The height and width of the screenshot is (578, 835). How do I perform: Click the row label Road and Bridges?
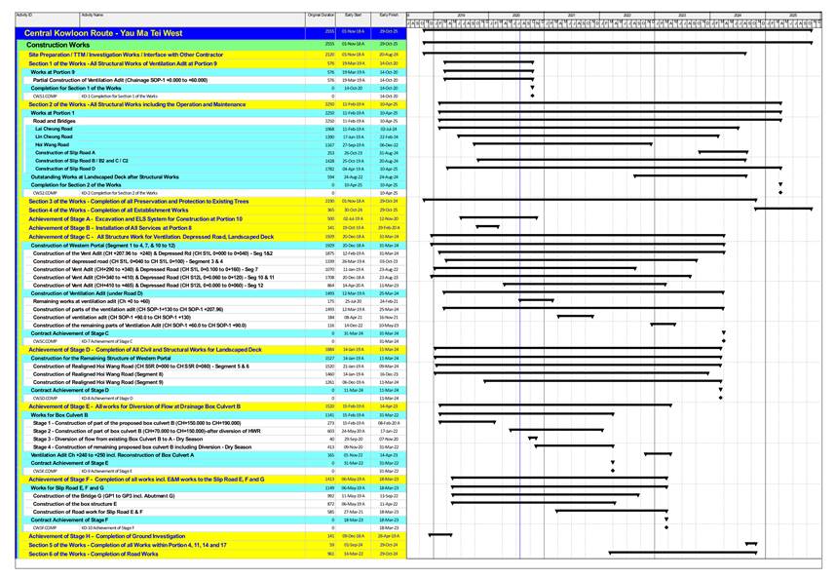(x=54, y=121)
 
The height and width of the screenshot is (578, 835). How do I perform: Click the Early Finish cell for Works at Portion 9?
(x=389, y=72)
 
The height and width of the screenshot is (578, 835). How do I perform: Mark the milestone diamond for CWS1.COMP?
(x=532, y=96)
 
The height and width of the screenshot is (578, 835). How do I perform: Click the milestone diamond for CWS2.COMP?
(x=779, y=193)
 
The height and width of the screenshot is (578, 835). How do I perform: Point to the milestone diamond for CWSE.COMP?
(x=613, y=471)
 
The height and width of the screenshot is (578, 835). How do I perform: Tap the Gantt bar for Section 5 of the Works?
(x=751, y=545)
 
